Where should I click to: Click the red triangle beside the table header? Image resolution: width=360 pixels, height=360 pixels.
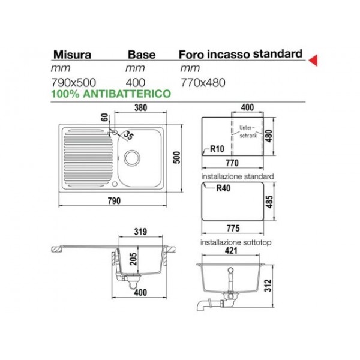[x=314, y=60]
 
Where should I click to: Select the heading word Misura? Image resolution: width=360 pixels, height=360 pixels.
[x=73, y=55]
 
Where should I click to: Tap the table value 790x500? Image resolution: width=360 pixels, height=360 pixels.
[x=73, y=83]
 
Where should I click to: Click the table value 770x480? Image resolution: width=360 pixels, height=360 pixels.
[x=203, y=83]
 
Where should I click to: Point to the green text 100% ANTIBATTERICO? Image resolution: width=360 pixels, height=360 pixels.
[x=111, y=94]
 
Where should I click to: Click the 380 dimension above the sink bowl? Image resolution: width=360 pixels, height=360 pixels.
[x=140, y=107]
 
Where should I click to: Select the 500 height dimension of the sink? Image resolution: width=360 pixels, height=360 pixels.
[x=177, y=157]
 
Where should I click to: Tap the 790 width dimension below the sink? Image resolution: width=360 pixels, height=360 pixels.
[x=114, y=201]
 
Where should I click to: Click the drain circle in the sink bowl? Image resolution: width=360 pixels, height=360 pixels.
[x=132, y=158]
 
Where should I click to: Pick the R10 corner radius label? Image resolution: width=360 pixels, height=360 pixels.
[x=217, y=149]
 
